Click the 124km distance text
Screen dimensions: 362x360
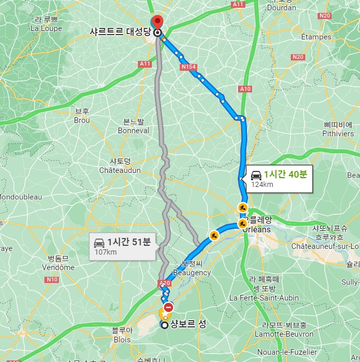tap(262, 184)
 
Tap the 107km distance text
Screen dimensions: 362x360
tap(105, 252)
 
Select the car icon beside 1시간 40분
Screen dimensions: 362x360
tap(256, 175)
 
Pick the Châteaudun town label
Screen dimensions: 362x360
tap(120, 170)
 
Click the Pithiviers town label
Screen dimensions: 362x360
tap(338, 134)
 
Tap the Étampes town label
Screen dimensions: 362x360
tap(316, 37)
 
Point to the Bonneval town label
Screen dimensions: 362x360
tap(133, 131)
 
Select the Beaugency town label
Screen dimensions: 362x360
tap(192, 273)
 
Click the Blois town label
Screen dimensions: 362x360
tap(122, 340)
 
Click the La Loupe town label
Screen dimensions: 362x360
tap(46, 29)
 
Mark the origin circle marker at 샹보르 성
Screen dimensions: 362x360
tap(164, 325)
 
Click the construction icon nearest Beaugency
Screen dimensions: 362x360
tap(214, 236)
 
